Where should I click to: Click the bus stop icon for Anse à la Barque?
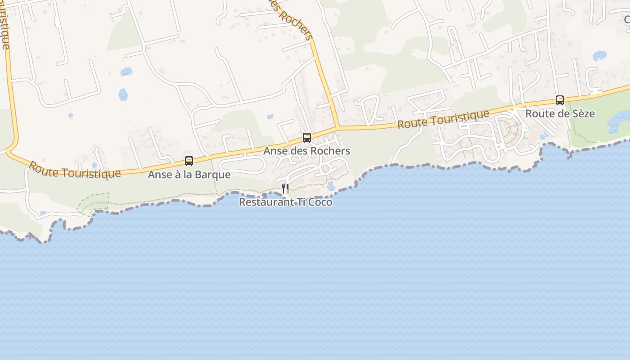(x=189, y=161)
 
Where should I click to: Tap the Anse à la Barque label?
(x=189, y=175)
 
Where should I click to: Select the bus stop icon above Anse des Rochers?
(x=307, y=137)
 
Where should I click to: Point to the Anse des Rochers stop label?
(x=306, y=151)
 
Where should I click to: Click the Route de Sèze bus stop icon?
(x=560, y=100)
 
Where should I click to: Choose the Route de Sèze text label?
(x=560, y=113)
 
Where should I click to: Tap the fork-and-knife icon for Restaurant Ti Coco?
(x=285, y=189)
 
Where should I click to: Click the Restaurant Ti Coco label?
(x=285, y=202)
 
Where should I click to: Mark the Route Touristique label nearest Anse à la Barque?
(x=75, y=170)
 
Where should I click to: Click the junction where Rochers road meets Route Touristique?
(x=338, y=127)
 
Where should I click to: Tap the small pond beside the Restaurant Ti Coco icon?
(x=331, y=186)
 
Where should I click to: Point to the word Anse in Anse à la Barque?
(x=159, y=175)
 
